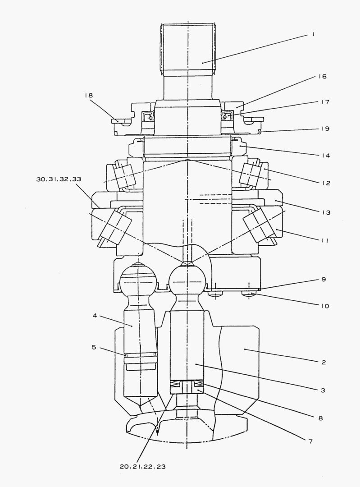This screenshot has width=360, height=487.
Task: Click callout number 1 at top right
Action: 314,34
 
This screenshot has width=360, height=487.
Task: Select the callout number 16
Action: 323,76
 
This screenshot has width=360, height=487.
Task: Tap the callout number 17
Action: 325,102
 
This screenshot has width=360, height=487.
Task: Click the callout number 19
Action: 325,129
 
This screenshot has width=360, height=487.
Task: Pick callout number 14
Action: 326,156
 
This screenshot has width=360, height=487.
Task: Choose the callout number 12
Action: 326,183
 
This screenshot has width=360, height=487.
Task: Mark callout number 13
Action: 326,212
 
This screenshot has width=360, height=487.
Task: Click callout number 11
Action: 325,240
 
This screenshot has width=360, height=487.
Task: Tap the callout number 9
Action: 324,279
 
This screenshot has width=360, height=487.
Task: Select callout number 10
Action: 324,306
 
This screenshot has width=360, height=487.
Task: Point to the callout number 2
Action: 324,362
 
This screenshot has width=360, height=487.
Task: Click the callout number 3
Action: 323,391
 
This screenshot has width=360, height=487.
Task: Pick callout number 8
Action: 321,418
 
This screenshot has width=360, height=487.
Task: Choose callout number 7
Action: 310,441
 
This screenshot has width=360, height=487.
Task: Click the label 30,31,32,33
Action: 59,179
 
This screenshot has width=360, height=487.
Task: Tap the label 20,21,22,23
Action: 142,467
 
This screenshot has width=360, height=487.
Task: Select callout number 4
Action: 95,316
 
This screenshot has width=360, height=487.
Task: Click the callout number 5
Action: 94,347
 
